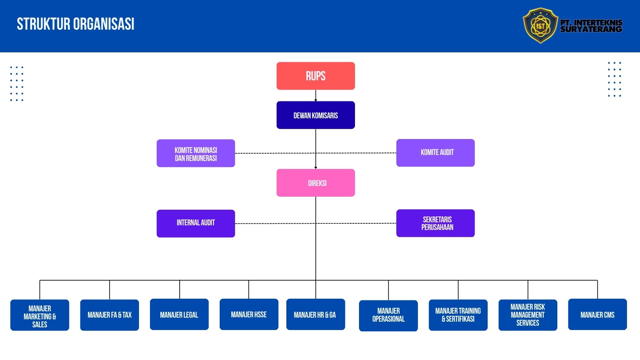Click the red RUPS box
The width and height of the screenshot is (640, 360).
pos(316,76)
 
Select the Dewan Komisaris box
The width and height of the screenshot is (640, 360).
pos(316,115)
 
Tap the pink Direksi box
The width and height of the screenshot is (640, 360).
pos(316,183)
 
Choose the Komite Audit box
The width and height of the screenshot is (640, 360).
pos(435,153)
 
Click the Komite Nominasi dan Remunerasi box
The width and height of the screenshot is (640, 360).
pos(196,153)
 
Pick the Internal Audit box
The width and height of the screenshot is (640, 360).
pos(196,223)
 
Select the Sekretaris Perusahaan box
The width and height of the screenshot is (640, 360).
pos(435,223)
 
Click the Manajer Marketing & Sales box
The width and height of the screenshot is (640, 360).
pos(40,315)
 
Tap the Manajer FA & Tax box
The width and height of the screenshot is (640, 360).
pos(109,315)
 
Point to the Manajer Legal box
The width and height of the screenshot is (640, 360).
pos(179,314)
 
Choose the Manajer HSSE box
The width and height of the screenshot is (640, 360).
pos(249,314)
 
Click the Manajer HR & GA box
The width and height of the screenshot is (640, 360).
pos(315,314)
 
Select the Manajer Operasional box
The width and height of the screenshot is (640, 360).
pos(388,316)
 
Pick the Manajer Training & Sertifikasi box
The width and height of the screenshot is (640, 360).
pos(458,315)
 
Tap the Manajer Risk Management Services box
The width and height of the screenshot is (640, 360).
pos(528,315)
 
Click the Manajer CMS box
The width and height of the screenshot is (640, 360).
pos(597,314)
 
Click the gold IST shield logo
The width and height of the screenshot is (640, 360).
pos(540,26)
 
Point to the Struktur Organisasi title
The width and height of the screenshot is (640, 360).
pos(76,24)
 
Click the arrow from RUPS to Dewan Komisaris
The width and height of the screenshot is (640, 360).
pos(316,96)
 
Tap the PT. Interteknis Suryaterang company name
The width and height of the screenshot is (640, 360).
pos(591,26)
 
